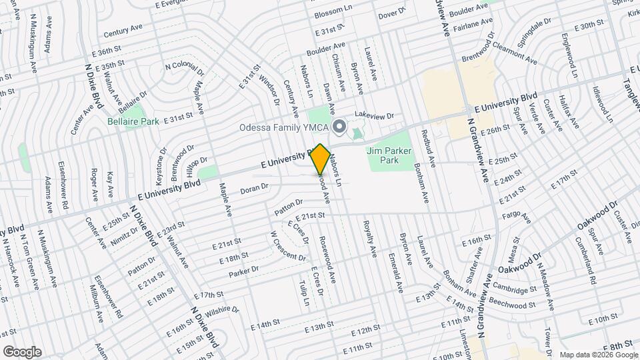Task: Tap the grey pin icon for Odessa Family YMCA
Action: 339,126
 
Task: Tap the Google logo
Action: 22,352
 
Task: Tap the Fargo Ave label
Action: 518,218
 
